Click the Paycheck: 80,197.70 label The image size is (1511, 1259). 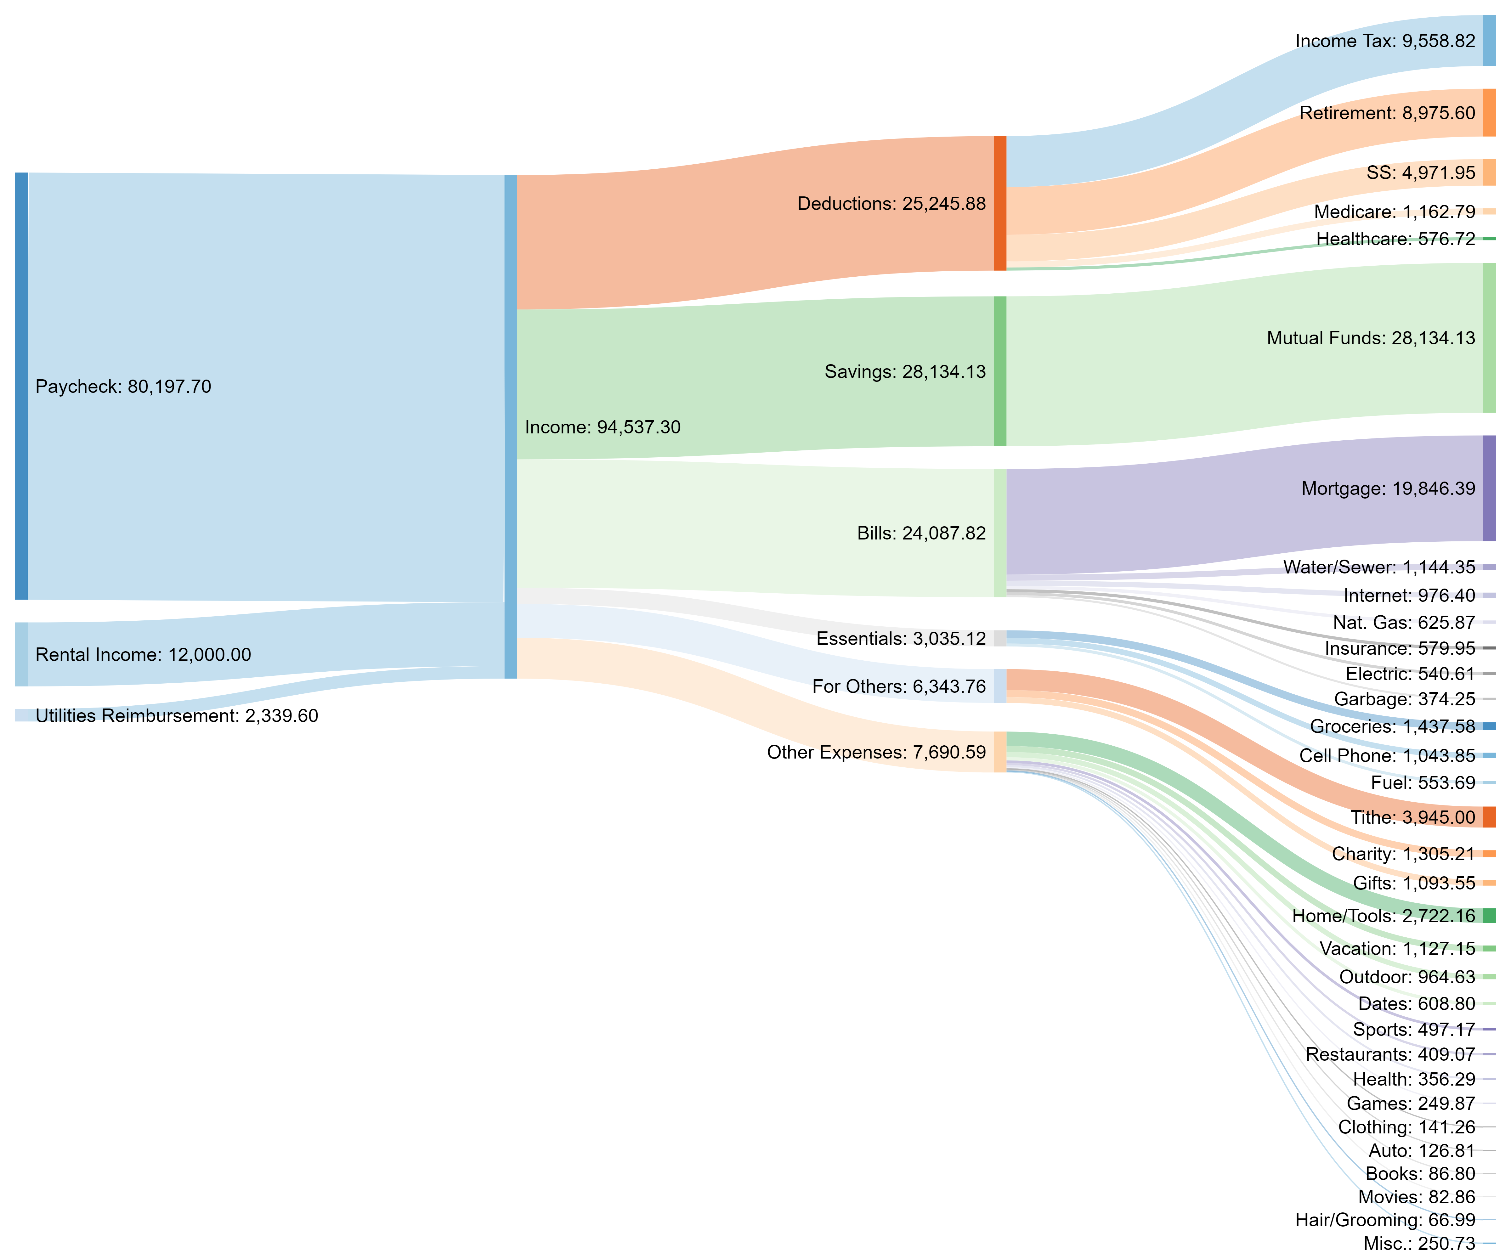click(123, 387)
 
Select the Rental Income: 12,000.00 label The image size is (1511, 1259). click(143, 655)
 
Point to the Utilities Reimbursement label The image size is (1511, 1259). click(176, 716)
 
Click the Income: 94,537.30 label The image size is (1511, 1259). click(602, 427)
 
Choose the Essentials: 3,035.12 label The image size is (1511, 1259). click(901, 639)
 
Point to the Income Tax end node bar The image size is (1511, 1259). click(1489, 41)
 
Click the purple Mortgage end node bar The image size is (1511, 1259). click(1489, 488)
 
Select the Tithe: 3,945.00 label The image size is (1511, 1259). click(1412, 817)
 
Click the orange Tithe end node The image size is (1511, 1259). click(1489, 817)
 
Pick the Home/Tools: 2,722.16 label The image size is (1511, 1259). click(1383, 916)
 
